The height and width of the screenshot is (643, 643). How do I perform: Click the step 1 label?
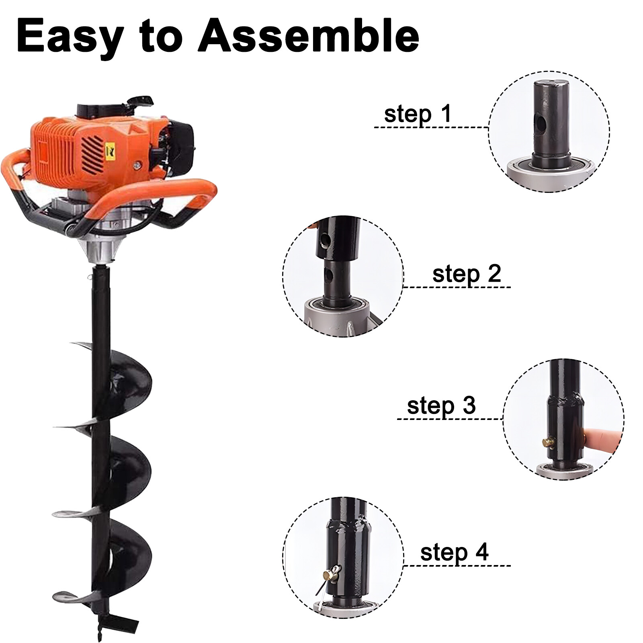click(x=418, y=114)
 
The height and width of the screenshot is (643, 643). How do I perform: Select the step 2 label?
click(x=467, y=274)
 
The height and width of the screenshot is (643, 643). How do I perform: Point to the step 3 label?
click(x=441, y=405)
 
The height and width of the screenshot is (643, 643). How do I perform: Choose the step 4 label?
click(x=455, y=552)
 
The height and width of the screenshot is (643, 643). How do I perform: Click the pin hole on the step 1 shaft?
click(x=541, y=123)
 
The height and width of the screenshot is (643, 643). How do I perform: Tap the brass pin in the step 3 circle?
click(x=548, y=442)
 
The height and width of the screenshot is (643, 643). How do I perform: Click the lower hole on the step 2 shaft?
click(x=330, y=275)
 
